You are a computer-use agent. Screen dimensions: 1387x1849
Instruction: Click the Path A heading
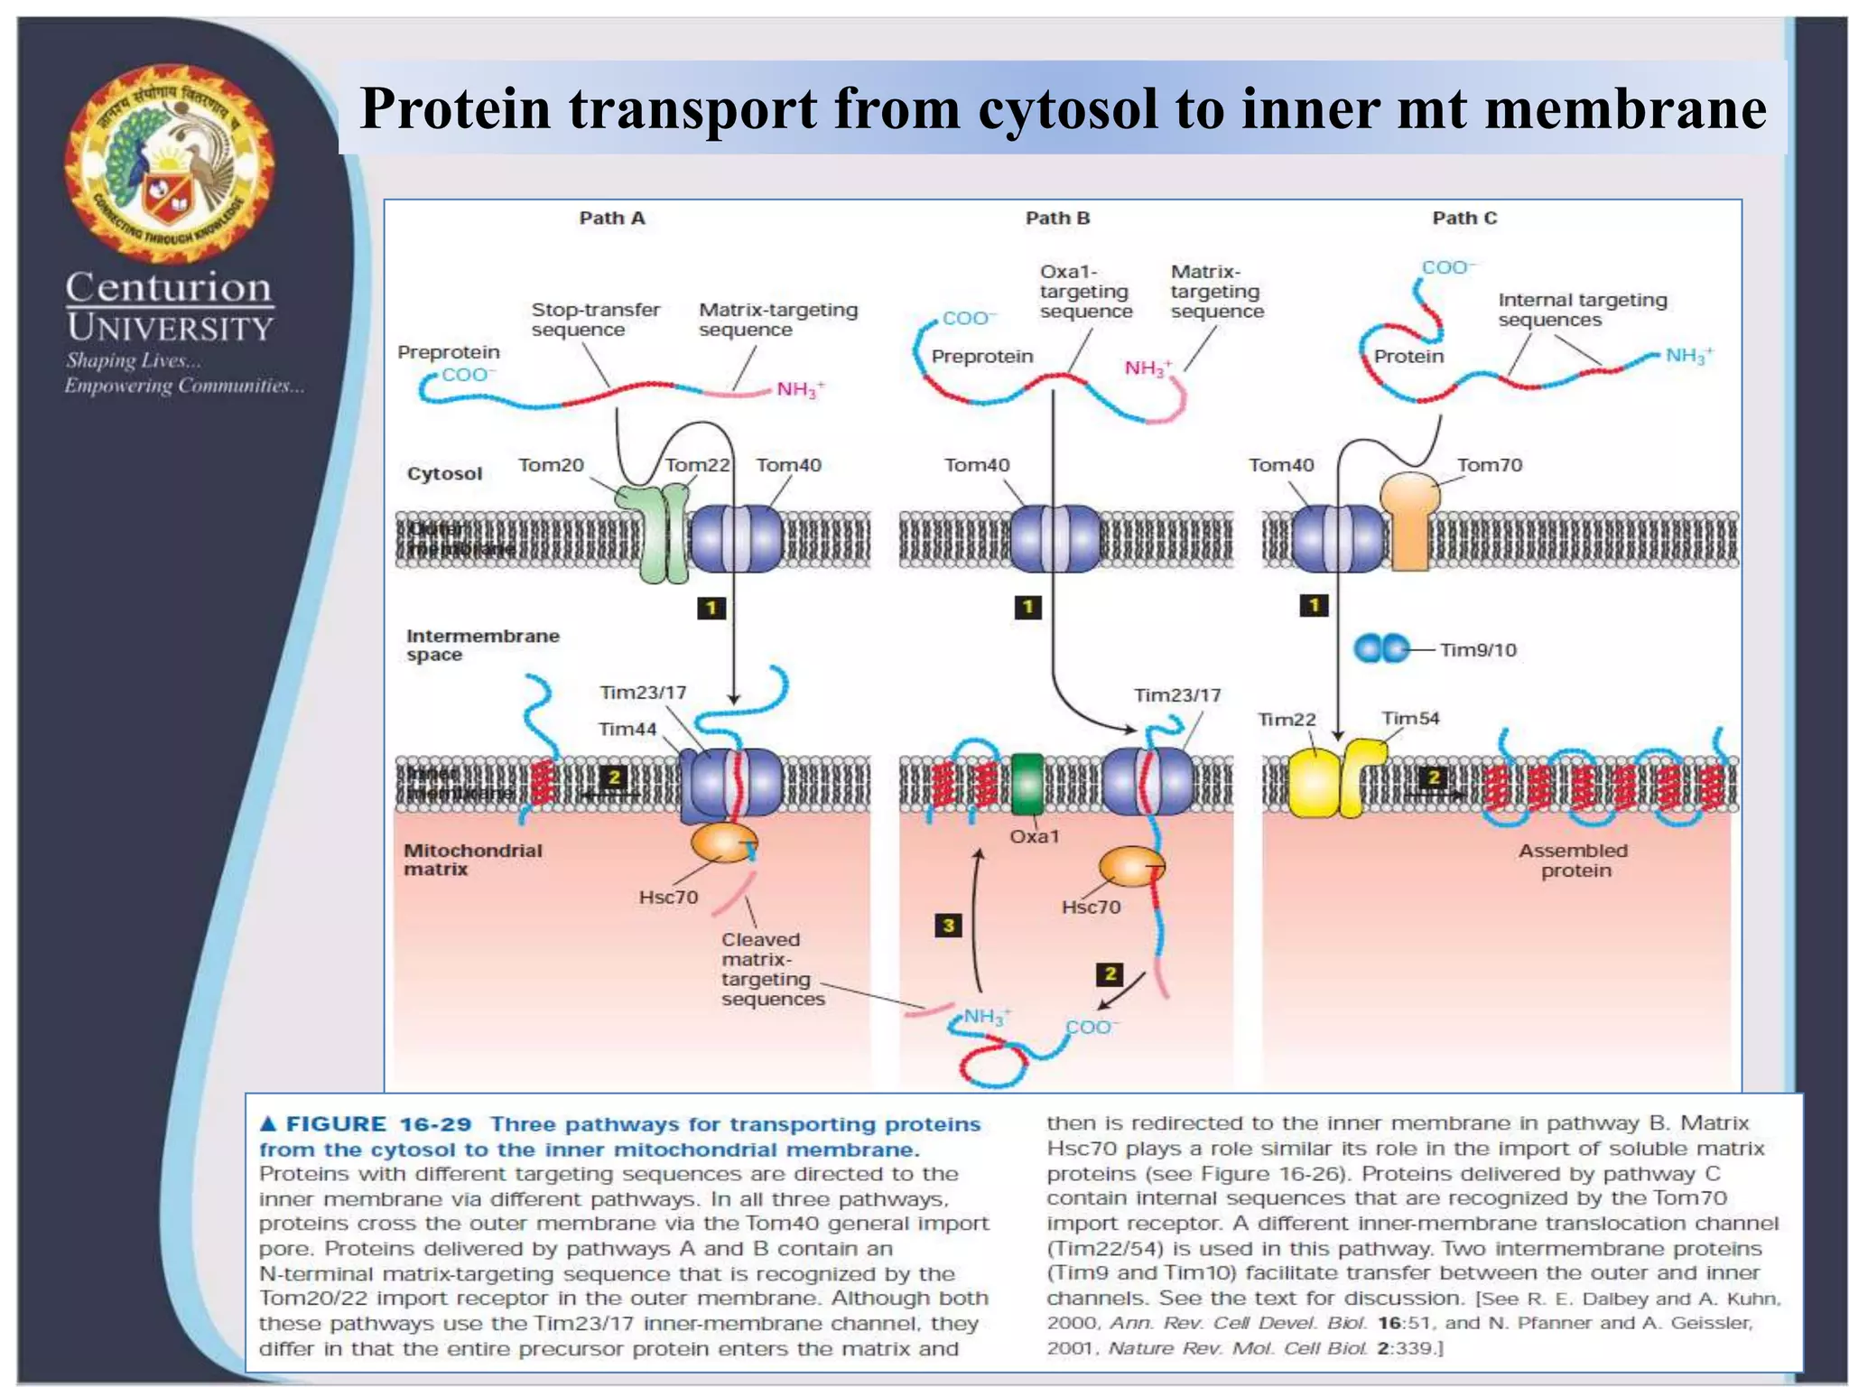pos(611,218)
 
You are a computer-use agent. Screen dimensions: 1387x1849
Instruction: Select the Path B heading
pos(1057,218)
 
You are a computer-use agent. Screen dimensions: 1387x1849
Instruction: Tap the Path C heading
pos(1463,218)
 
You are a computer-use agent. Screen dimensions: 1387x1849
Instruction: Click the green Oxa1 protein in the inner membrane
pos(1027,784)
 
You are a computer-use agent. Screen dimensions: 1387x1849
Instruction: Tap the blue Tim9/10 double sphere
pos(1381,648)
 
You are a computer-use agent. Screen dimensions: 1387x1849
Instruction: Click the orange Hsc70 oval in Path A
pos(724,842)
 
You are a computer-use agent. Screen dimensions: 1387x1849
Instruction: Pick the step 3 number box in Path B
pos(948,925)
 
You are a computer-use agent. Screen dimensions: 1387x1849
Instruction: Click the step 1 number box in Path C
pos(1314,605)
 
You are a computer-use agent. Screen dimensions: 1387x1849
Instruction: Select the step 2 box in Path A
pos(613,777)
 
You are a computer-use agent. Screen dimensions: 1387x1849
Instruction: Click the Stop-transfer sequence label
pos(595,320)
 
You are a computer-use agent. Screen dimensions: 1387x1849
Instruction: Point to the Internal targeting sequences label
pos(1582,310)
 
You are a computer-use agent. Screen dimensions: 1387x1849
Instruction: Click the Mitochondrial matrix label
pos(472,860)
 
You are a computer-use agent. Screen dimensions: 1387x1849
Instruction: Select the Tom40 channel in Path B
pos(1054,539)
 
